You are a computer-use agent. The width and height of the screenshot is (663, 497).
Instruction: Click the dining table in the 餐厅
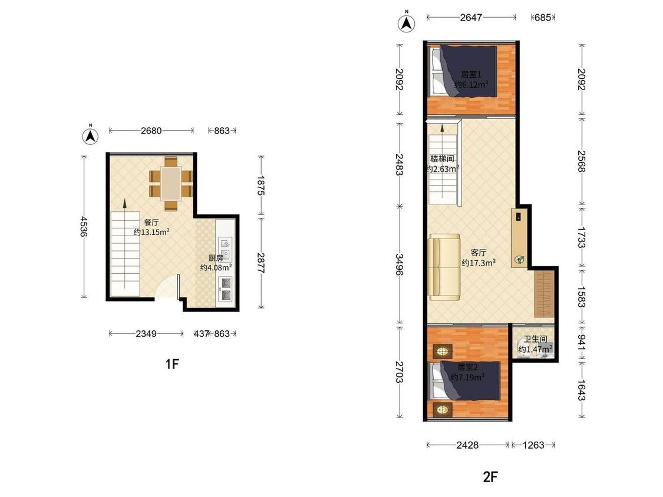coord(171,184)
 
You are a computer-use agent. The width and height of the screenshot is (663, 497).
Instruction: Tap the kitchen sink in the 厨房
coord(225,249)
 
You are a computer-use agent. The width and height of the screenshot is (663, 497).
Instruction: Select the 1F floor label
coord(172,363)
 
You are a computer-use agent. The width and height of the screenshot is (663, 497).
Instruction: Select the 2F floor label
coord(490,477)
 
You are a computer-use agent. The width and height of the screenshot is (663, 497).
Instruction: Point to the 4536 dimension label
coord(84,227)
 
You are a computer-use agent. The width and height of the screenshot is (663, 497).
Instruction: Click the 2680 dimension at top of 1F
coord(151,131)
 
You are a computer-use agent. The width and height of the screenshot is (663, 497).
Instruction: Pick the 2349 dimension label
coord(146,334)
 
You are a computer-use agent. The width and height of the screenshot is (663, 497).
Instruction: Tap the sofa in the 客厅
coord(444,267)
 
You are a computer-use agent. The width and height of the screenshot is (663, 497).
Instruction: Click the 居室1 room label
coord(471,75)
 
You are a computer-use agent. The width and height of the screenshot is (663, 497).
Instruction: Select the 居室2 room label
coord(467,367)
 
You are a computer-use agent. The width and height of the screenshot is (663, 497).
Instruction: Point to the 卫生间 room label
coord(535,339)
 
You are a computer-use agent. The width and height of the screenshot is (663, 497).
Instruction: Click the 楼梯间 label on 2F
coord(442,158)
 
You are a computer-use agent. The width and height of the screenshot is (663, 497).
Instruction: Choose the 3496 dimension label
coord(400,264)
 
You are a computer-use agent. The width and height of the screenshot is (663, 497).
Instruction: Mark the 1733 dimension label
coord(581,237)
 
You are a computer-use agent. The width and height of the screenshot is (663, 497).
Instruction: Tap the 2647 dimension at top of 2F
coord(471,17)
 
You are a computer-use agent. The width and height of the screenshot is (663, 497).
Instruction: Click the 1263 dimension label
coord(533,445)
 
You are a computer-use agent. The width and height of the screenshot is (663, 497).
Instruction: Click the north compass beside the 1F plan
coord(91,135)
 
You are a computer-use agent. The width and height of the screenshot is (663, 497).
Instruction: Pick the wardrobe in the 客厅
coord(544,294)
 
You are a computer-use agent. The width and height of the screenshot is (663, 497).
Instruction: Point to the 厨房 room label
coord(216,258)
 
